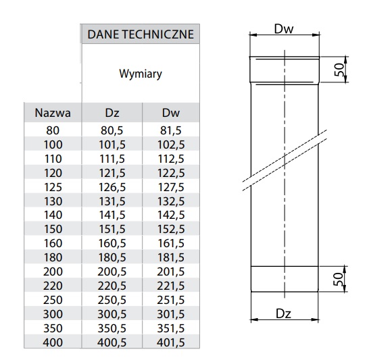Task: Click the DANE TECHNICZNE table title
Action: [141, 34]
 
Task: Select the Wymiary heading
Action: [141, 74]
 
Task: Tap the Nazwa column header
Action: [53, 113]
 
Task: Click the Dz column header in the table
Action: [112, 113]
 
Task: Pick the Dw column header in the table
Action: [171, 113]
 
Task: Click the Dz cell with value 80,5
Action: [112, 130]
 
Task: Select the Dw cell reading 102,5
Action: [171, 145]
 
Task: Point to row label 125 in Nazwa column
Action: [53, 187]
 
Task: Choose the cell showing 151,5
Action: [112, 229]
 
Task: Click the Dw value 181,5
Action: [171, 257]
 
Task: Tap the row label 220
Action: [53, 286]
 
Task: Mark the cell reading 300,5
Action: [112, 314]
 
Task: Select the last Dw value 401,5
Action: [171, 342]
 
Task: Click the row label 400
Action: [53, 342]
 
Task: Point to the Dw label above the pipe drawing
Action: [284, 29]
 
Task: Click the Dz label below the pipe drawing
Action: [283, 313]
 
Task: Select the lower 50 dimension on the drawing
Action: [339, 279]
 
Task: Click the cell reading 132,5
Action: [171, 201]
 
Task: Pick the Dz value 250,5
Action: [112, 300]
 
